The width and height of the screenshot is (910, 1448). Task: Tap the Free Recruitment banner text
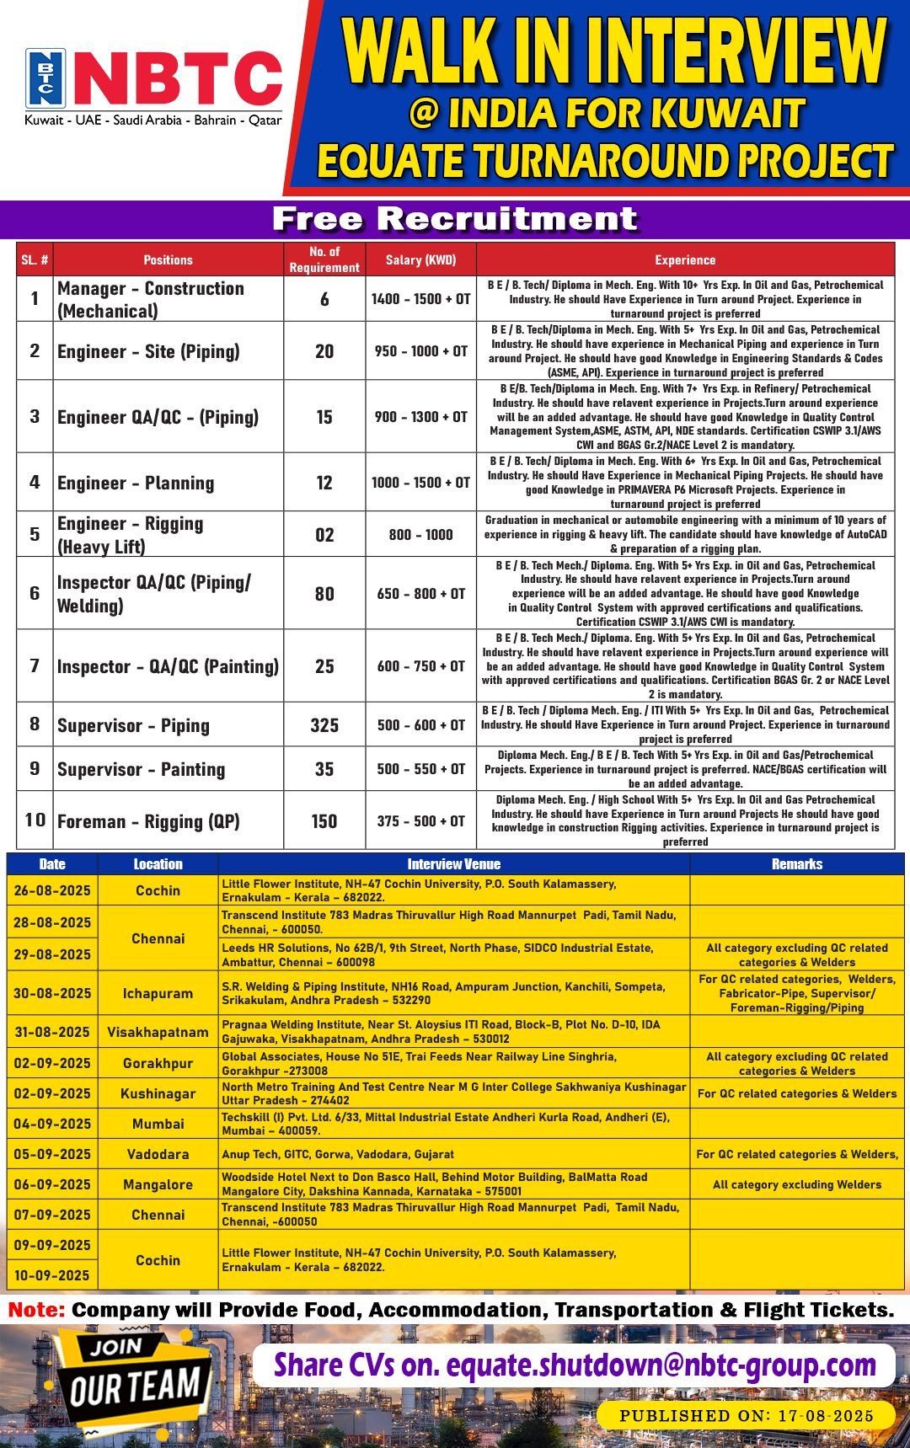click(x=454, y=219)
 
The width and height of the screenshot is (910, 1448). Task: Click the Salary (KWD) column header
click(x=420, y=259)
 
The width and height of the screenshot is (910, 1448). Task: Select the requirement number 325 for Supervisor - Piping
click(x=324, y=725)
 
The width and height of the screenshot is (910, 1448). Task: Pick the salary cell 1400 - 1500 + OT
click(x=420, y=299)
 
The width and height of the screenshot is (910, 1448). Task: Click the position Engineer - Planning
click(x=136, y=483)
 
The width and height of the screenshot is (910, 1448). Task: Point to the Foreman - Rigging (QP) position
click(x=148, y=821)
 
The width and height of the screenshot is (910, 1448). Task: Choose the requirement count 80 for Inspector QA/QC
click(x=324, y=594)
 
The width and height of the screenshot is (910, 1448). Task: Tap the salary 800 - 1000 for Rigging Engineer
click(x=420, y=535)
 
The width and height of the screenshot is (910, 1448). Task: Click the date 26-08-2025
click(x=52, y=890)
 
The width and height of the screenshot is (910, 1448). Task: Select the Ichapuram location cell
click(x=158, y=993)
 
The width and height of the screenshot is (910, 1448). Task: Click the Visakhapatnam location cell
click(x=158, y=1032)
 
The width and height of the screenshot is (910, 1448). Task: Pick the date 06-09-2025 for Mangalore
click(x=52, y=1184)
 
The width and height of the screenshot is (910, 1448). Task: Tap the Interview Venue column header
click(x=453, y=864)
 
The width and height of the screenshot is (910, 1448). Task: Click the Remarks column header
click(x=796, y=864)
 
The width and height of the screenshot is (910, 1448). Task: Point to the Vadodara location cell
click(x=158, y=1154)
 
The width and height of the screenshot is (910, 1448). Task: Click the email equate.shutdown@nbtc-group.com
click(x=661, y=1365)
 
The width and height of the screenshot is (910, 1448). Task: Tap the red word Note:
click(x=36, y=1310)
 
